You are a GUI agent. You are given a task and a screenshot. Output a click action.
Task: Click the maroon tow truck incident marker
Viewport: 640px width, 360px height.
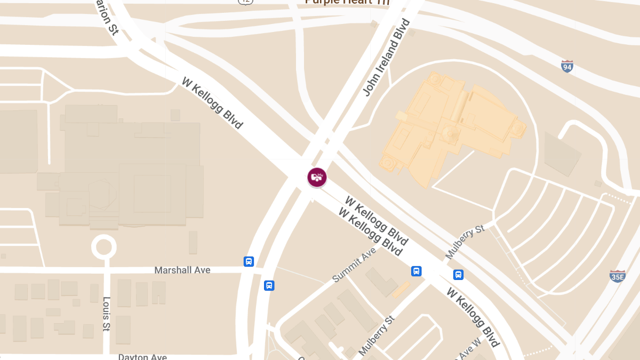click(317, 177)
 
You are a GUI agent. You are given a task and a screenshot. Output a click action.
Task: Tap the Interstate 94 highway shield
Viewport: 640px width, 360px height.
click(567, 67)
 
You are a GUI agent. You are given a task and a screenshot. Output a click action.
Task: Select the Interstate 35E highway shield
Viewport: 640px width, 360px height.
click(617, 276)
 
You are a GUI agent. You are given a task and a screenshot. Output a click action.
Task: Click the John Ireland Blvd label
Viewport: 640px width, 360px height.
click(386, 58)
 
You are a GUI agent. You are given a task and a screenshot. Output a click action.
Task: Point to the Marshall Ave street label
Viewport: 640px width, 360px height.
click(182, 270)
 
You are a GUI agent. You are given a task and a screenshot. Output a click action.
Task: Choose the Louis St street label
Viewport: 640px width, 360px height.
click(107, 313)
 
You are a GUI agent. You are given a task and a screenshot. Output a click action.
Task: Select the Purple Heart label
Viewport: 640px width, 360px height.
click(347, 2)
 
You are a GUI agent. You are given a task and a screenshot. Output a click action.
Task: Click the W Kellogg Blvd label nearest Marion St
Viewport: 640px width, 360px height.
click(212, 103)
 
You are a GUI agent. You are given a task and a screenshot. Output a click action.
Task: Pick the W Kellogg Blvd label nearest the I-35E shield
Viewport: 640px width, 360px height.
click(473, 318)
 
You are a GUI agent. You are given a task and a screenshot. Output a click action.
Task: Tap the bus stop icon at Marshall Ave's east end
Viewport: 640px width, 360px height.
click(249, 261)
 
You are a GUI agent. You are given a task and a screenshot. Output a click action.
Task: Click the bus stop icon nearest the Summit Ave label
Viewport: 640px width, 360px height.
click(417, 271)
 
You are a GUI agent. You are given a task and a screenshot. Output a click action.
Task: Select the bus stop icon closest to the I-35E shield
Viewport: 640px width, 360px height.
click(458, 275)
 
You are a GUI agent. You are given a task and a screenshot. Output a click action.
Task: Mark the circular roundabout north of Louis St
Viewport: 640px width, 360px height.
click(103, 247)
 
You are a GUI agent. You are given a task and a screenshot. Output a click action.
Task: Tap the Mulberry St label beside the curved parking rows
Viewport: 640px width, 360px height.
click(465, 242)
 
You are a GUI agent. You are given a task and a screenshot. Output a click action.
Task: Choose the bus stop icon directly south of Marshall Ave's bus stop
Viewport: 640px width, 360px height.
click(269, 285)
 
